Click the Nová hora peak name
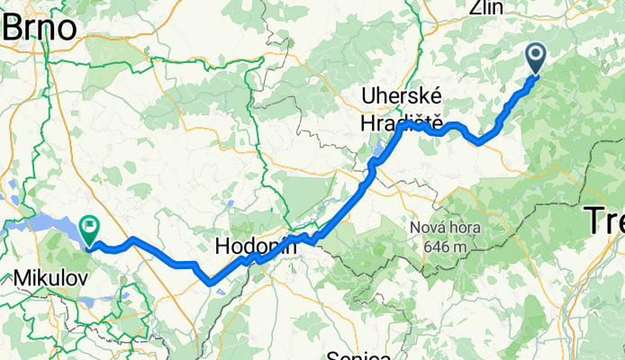pyautogui.click(x=445, y=227)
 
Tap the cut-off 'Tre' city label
pyautogui.click(x=604, y=219)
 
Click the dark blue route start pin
pyautogui.click(x=535, y=58)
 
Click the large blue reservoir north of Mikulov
pyautogui.click(x=45, y=222)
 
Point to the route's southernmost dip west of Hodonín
pyautogui.click(x=211, y=281)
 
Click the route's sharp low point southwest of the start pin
pyautogui.click(x=481, y=141)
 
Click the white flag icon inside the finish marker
pyautogui.click(x=91, y=224)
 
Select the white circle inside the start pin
pyautogui.click(x=535, y=55)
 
